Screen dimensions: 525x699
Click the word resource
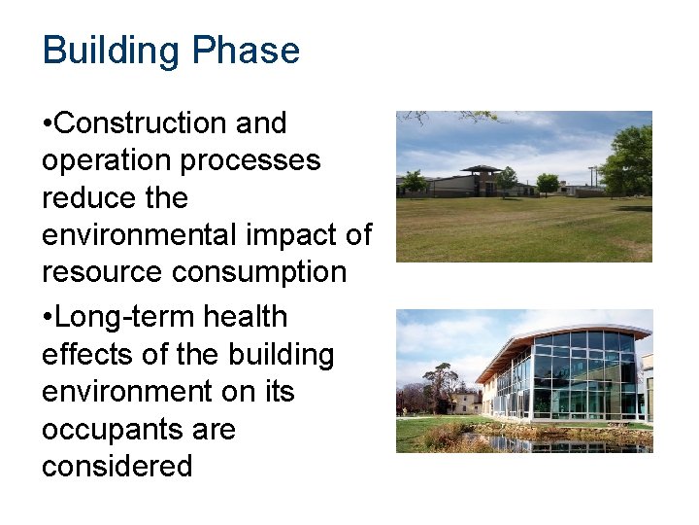tap(102, 272)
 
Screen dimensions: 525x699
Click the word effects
tap(87, 354)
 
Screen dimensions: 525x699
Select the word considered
tap(116, 466)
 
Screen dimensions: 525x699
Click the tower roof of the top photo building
tap(482, 169)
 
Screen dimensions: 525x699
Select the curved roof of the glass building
tap(563, 334)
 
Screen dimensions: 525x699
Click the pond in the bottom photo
tap(544, 442)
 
